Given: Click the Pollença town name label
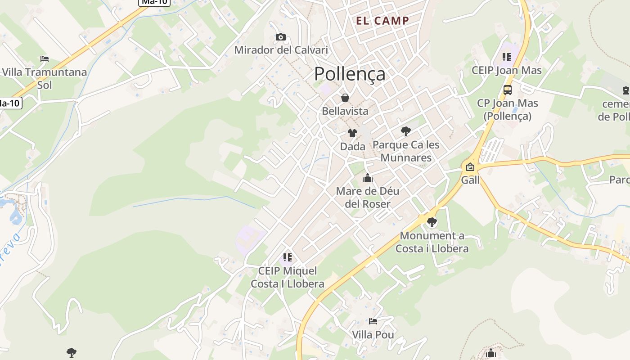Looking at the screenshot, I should point(350,74).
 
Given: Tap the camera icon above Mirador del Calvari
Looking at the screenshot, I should point(281,37).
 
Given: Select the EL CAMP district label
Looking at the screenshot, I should point(382,20).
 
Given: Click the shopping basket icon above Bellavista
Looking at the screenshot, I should point(345,98).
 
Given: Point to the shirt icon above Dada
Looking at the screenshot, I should point(352,133).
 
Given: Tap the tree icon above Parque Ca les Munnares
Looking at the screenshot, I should point(405,131).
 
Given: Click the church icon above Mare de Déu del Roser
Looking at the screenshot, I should point(368,178).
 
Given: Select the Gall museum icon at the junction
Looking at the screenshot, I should point(470,167).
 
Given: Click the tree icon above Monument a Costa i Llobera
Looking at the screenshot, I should point(432,222).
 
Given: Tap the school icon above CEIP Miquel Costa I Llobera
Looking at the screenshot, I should point(288,257).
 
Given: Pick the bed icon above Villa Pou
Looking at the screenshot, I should point(373,321).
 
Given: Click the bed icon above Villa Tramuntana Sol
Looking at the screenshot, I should point(44,59).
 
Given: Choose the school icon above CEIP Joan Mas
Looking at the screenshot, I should point(507,57).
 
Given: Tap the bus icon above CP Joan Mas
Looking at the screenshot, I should point(508,90).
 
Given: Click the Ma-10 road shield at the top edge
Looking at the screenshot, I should point(154,2).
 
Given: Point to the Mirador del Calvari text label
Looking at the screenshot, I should point(281,50).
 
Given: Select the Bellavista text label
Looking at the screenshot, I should point(345,111).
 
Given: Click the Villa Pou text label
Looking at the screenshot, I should point(373,335).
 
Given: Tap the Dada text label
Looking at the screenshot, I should point(352,147).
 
